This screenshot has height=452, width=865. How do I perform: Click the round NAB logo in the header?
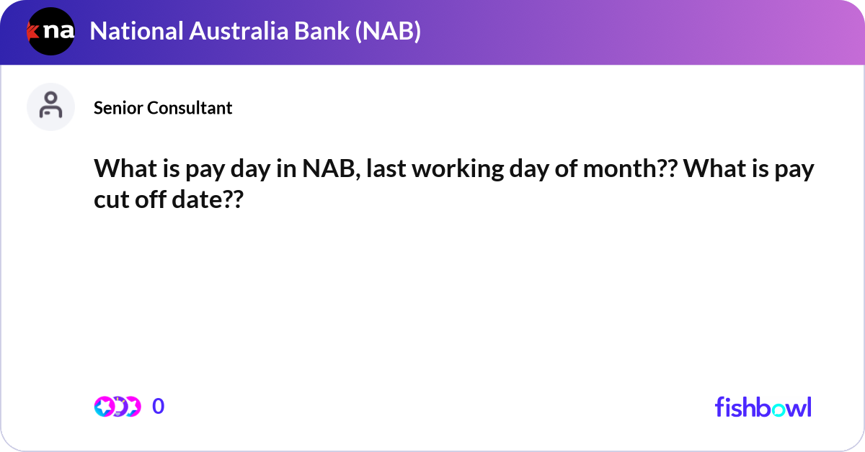point(51,32)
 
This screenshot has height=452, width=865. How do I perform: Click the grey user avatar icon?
point(50,107)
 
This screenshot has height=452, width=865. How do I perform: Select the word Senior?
point(118,108)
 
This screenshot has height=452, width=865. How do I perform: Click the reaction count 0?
point(159,407)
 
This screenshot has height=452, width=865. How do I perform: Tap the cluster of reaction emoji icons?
point(117,407)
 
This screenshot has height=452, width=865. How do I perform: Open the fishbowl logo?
point(763,407)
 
